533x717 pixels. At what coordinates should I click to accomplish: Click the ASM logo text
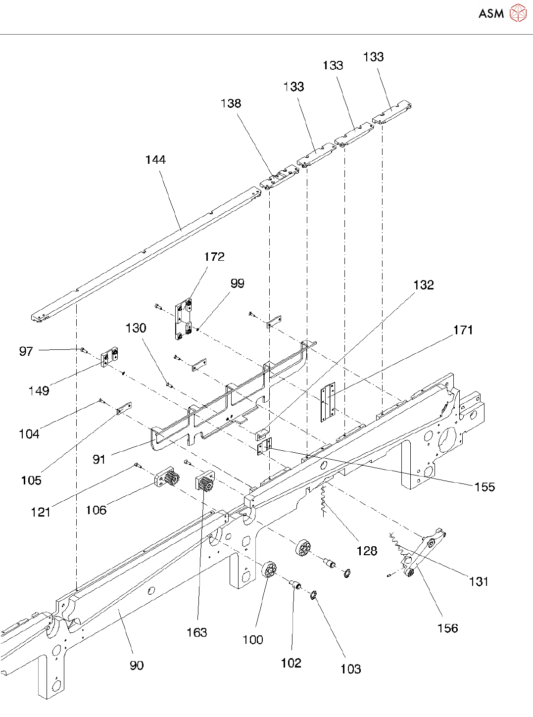490,13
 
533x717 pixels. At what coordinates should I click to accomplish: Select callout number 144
155,160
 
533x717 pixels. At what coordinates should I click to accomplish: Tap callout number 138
231,103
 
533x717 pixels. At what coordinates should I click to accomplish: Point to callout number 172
214,257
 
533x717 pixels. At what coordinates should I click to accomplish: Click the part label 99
237,284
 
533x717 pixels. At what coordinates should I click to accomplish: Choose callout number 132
423,285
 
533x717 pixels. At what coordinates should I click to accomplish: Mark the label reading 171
463,330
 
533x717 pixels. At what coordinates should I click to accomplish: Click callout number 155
484,487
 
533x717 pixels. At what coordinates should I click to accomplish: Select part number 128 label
367,551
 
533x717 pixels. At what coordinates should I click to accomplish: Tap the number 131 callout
479,581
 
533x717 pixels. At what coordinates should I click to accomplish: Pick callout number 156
447,628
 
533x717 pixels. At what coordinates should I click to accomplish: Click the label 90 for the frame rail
137,666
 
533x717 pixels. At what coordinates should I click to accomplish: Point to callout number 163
196,632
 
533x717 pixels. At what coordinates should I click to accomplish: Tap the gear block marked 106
167,479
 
